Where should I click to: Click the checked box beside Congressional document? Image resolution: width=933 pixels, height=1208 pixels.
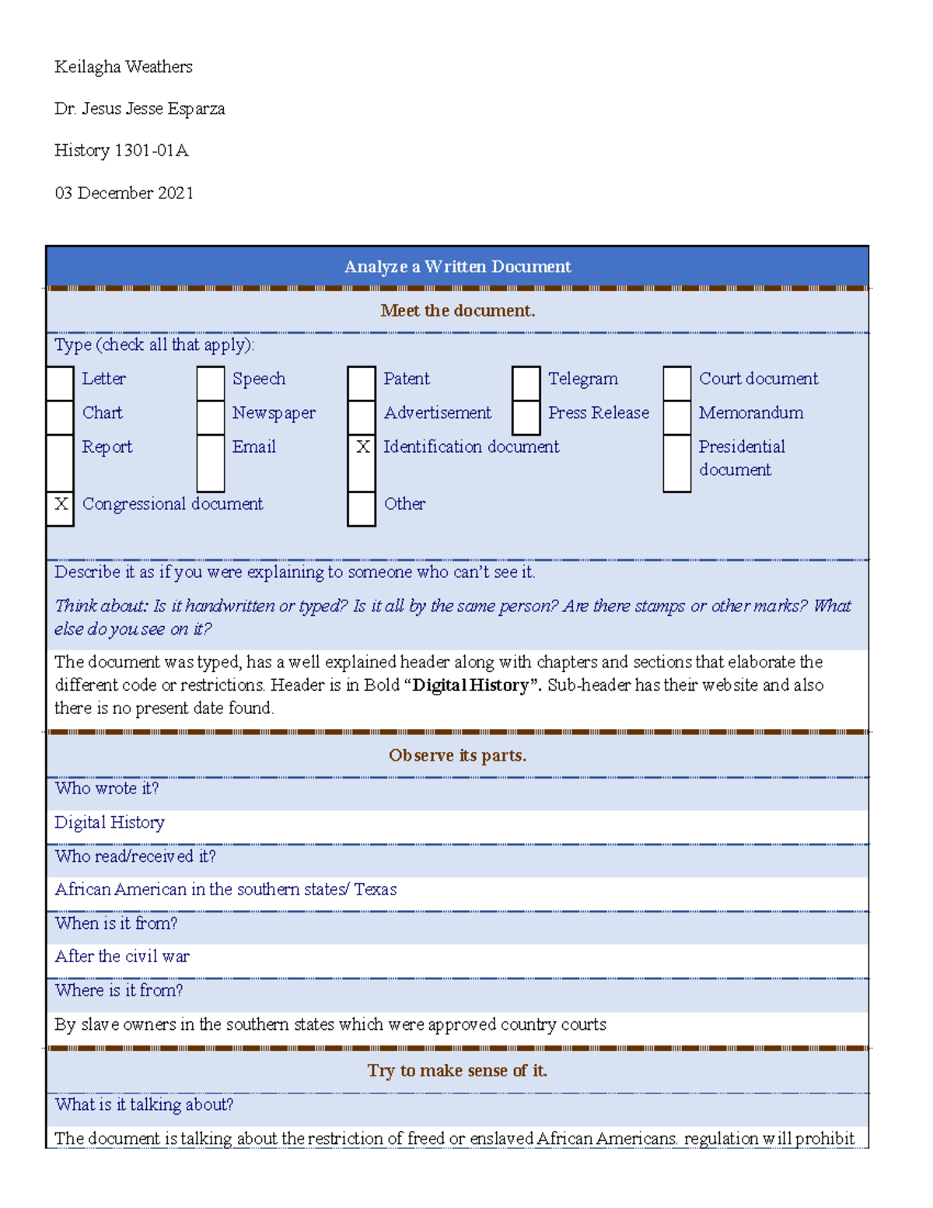point(61,504)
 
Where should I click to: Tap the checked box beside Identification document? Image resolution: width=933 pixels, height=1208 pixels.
point(362,446)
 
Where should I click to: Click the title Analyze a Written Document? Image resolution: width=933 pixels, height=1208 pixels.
point(457,267)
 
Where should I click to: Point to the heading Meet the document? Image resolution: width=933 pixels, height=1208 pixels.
point(457,310)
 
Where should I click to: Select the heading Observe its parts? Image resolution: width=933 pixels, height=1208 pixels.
point(457,755)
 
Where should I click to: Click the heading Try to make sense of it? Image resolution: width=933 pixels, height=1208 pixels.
point(457,1070)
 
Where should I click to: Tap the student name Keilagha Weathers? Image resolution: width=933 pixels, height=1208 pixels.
point(124,67)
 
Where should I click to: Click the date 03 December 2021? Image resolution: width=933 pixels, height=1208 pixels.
point(124,193)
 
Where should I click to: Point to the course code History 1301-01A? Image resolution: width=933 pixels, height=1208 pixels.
point(121,150)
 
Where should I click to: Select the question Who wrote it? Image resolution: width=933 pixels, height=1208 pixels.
point(107,788)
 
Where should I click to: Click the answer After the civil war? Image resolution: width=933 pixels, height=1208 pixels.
point(122,956)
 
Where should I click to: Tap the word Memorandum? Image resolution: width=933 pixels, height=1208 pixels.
point(751,412)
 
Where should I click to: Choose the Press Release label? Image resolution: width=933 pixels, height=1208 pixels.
point(598,412)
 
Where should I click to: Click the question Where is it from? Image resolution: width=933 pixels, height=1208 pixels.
point(119,990)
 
